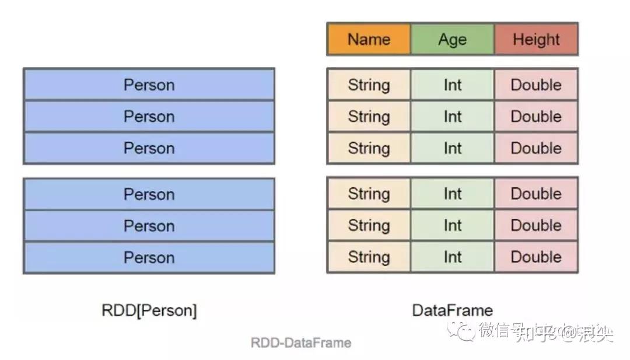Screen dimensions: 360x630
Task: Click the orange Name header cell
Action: [x=369, y=40]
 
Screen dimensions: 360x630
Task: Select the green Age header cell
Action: [x=452, y=40]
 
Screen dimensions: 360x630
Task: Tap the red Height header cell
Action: [x=536, y=40]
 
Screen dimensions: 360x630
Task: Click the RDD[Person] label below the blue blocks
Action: [x=149, y=310]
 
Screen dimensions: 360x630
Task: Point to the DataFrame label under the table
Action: [x=452, y=310]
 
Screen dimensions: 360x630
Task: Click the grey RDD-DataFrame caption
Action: [x=301, y=342]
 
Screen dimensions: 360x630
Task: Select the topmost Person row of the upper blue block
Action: [x=149, y=85]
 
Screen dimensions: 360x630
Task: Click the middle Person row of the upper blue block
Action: [x=149, y=117]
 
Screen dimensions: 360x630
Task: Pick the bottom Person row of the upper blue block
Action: [x=149, y=148]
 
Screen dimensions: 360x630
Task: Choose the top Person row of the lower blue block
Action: [x=149, y=194]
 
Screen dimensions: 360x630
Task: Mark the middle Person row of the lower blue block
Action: [x=149, y=226]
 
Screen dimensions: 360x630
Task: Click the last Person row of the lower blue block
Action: [x=149, y=257]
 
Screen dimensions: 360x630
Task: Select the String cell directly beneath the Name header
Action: [x=369, y=85]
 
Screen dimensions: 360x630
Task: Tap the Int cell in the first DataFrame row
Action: [x=452, y=85]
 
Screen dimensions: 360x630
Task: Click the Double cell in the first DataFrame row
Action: [x=536, y=85]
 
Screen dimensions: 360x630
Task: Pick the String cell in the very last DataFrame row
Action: [x=369, y=257]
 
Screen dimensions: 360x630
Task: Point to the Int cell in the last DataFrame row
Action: [x=452, y=257]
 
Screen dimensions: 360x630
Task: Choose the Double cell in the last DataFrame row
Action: [x=536, y=257]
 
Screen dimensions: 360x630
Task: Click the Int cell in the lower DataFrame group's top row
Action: [x=452, y=194]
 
